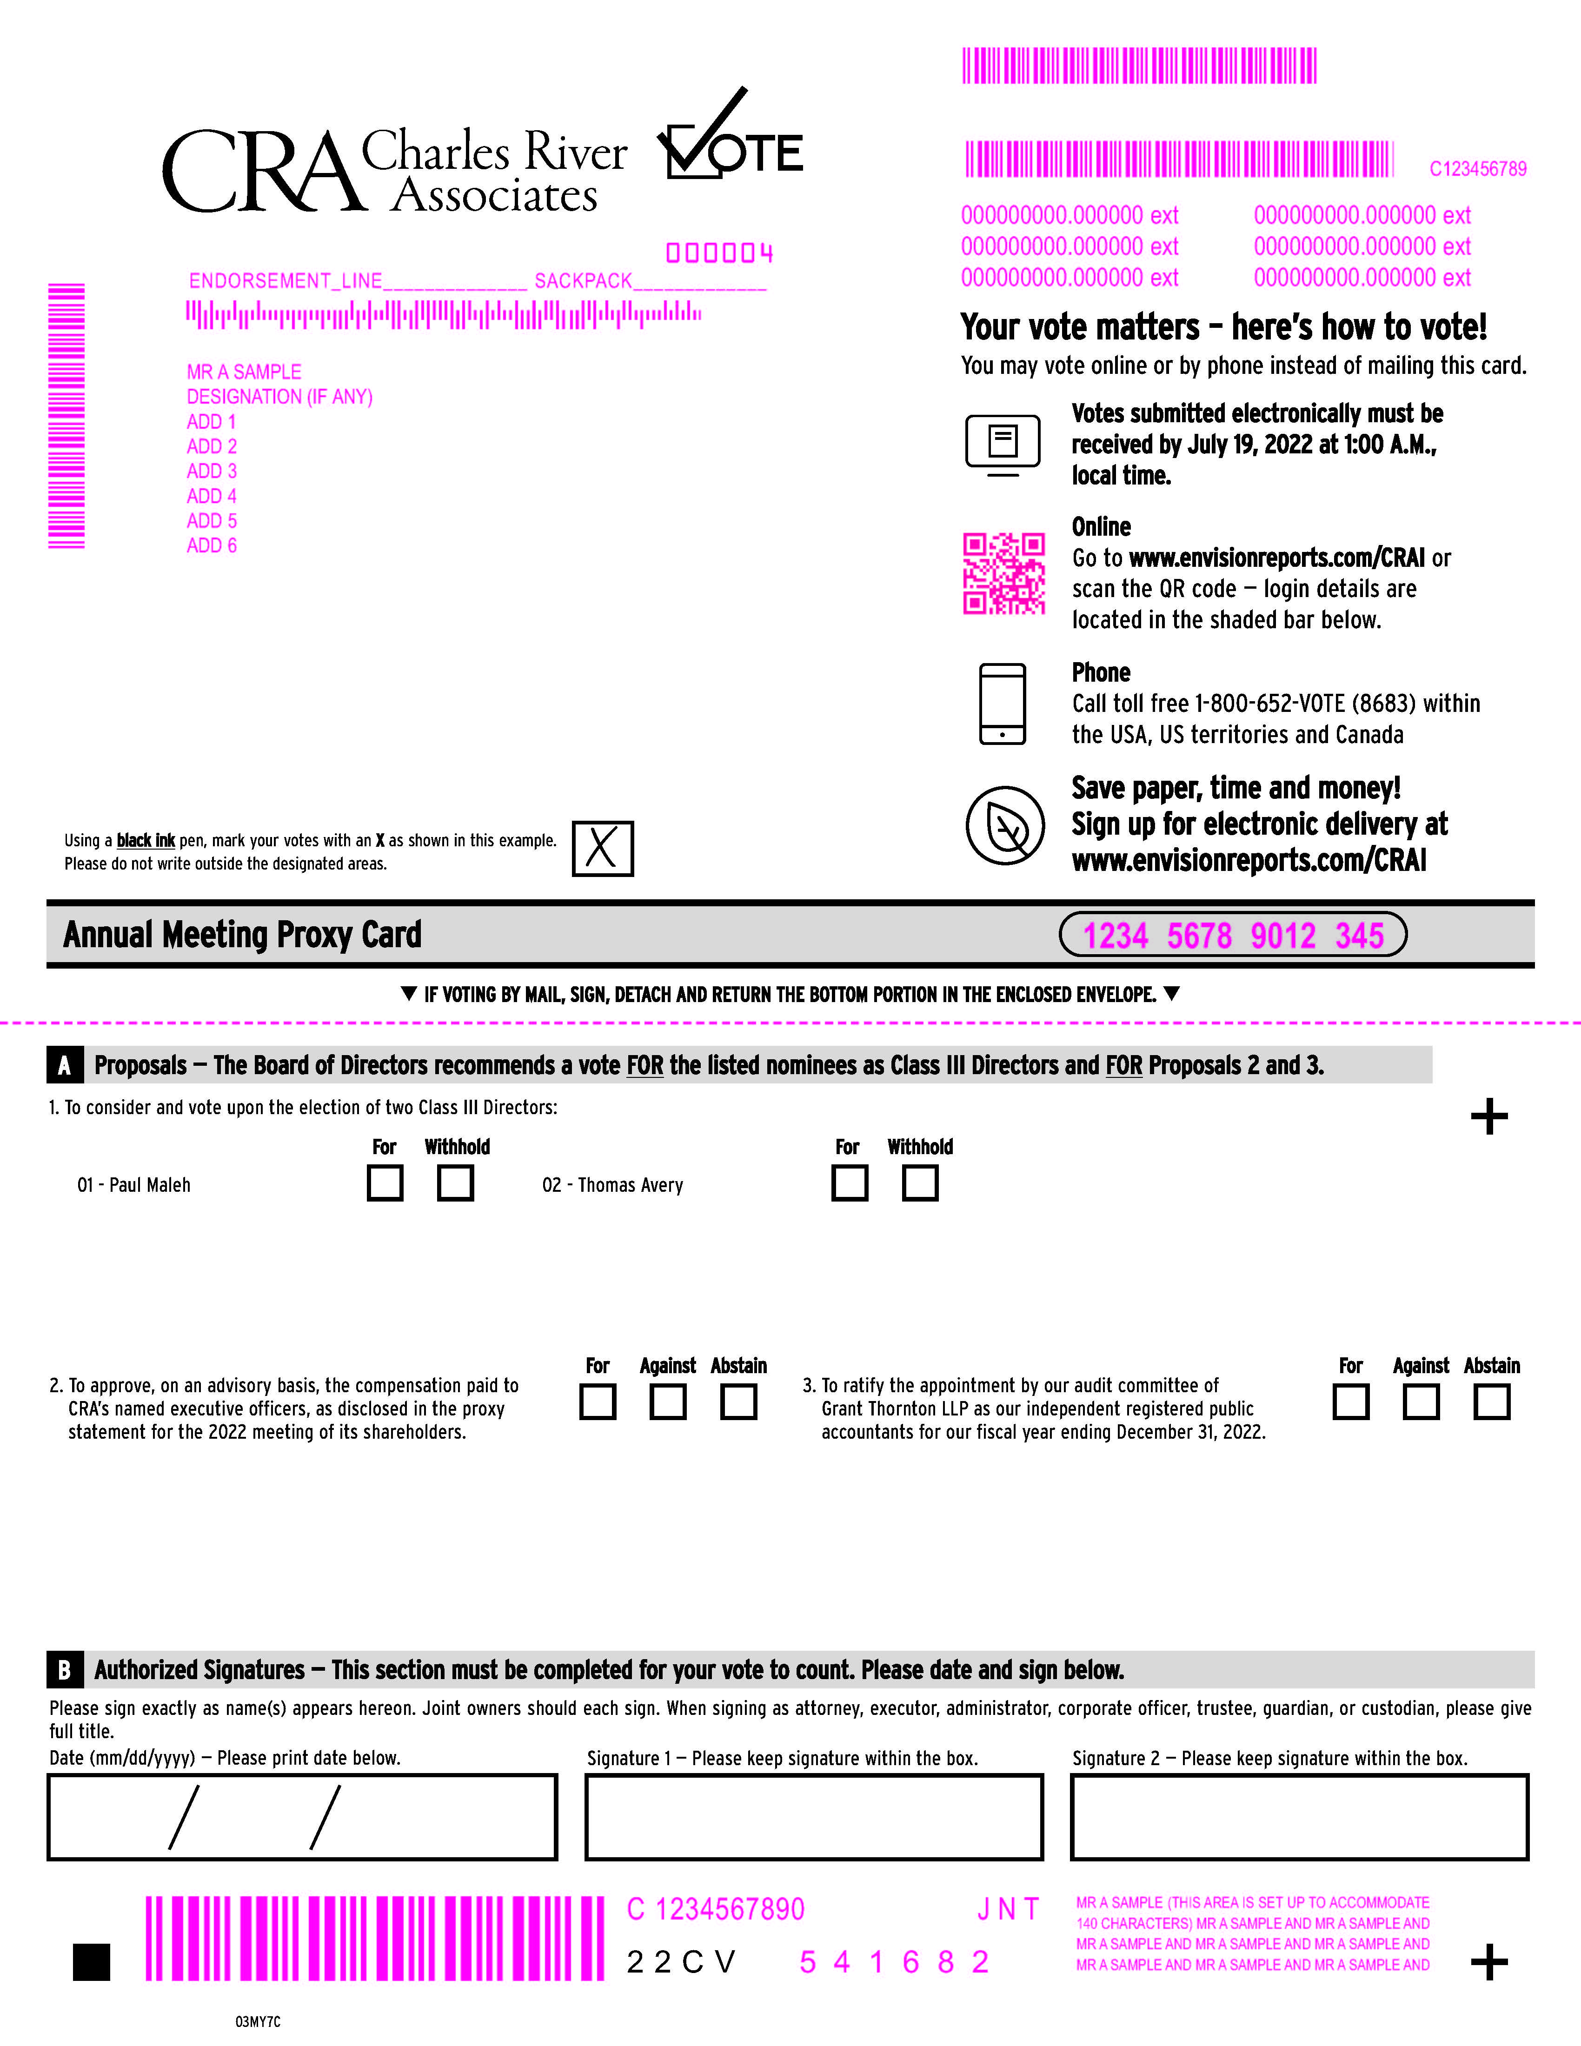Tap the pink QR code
tap(1004, 573)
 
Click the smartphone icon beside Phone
tap(1002, 704)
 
